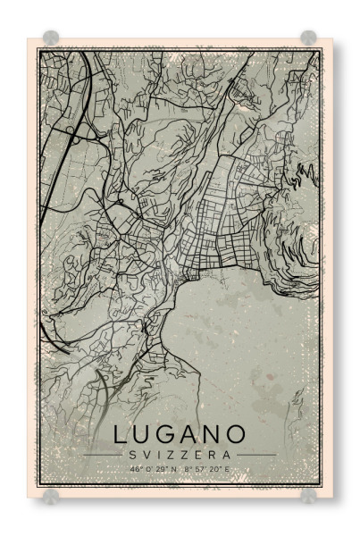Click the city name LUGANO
180,435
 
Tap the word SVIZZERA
180,455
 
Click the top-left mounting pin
51,38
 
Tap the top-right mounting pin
308,38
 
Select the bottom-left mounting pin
51,494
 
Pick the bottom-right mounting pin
308,494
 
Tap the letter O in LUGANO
236,435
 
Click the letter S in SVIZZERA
122,455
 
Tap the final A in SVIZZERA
238,455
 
